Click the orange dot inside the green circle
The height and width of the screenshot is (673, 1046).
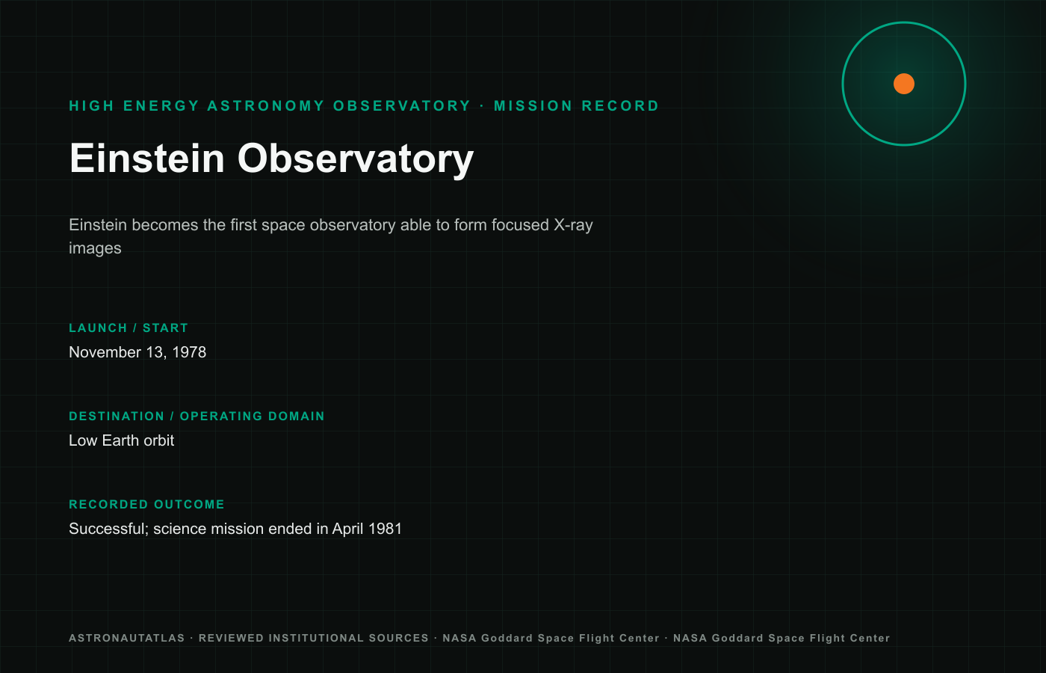903,84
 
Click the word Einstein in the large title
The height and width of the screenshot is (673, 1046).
146,159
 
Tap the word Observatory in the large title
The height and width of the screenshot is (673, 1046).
356,160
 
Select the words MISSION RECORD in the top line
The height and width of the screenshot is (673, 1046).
576,105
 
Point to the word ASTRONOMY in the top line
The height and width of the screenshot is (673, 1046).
266,105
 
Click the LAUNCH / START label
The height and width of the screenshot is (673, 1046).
129,328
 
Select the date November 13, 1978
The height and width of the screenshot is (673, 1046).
137,352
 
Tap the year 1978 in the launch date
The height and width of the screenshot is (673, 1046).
189,352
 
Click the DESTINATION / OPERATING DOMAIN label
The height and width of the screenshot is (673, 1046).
196,416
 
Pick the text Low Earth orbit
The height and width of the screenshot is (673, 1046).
121,440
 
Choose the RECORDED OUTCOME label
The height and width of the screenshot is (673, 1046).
146,504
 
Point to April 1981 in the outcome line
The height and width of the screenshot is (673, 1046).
367,529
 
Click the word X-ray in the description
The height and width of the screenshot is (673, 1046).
574,225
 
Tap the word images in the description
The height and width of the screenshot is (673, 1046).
96,248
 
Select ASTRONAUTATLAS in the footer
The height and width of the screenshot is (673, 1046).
127,638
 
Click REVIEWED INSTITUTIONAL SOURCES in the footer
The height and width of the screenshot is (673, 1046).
314,638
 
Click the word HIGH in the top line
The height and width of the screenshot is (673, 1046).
92,105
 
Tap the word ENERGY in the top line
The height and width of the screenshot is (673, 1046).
161,105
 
